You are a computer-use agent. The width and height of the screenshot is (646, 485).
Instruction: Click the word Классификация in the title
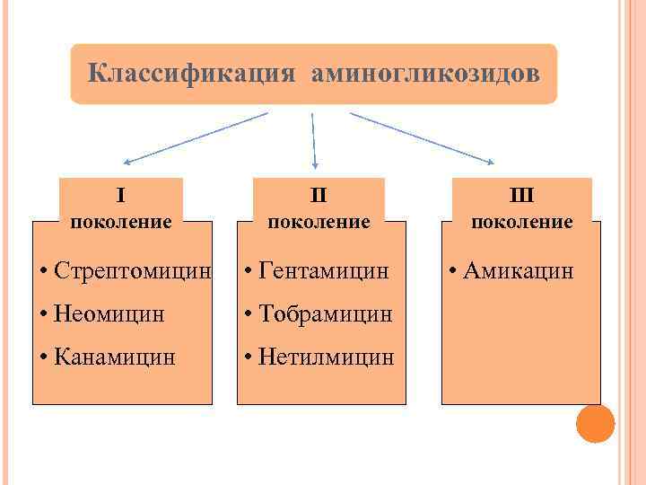coord(191,73)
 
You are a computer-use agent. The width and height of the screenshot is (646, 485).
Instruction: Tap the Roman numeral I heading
coord(120,194)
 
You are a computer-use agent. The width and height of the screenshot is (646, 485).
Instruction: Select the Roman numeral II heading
coord(319,194)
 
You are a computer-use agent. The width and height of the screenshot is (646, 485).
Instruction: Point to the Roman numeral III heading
coord(521,194)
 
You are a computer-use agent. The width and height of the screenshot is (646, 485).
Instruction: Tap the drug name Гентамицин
coord(323,269)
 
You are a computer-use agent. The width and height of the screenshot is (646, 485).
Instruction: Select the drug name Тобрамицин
coord(325,313)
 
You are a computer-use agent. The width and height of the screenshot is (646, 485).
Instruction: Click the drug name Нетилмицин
coord(326,357)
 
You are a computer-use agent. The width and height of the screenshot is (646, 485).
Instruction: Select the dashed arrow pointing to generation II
coord(314,139)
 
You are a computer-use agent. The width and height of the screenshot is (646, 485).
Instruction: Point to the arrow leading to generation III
coord(422,137)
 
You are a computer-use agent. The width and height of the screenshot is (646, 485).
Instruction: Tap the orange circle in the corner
coord(595,423)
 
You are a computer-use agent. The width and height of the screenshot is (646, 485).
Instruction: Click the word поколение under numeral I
coord(120,221)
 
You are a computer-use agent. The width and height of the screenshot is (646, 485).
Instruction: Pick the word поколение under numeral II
coord(319,221)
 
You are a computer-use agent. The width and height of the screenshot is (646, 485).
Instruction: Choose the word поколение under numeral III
coord(522,221)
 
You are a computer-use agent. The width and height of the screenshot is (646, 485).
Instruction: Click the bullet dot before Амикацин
coord(455,269)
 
